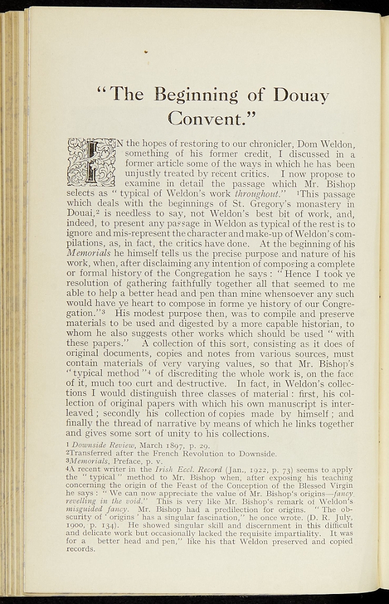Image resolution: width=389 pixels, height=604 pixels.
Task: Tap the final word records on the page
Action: tap(81, 549)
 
